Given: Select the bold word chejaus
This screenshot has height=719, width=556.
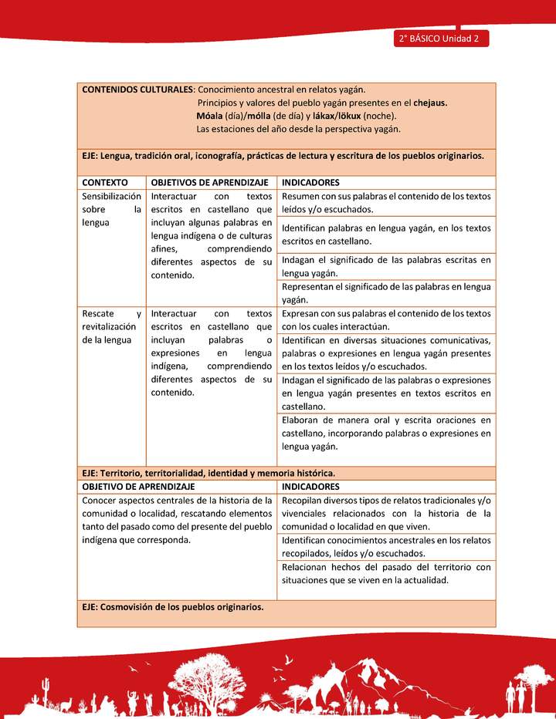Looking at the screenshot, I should (x=430, y=103).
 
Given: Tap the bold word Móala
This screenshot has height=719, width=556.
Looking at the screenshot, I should (x=211, y=116).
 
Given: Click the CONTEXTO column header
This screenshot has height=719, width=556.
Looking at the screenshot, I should (x=105, y=182).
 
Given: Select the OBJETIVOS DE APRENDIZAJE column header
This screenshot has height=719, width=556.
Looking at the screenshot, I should (x=209, y=182).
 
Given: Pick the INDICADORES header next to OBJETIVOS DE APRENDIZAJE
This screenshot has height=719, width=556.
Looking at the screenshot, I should (x=310, y=182).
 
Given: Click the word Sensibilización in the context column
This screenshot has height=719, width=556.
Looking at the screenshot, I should (x=112, y=196).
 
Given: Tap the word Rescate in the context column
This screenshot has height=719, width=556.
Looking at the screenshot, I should (x=98, y=314).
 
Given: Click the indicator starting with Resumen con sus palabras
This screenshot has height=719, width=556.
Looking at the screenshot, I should (x=386, y=203).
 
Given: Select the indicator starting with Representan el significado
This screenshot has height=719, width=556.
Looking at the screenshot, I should (x=386, y=293).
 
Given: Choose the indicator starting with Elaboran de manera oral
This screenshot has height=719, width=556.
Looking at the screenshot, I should (x=386, y=433).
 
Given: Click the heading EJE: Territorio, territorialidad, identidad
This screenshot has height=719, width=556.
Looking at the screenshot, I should (x=208, y=473).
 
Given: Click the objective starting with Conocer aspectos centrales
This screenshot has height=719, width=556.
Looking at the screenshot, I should (x=177, y=520).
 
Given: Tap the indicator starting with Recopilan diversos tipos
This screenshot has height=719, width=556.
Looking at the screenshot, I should (x=386, y=513).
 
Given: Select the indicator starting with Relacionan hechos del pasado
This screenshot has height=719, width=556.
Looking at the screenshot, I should (x=386, y=573).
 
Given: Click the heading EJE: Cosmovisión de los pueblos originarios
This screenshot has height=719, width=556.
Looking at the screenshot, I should (x=173, y=606).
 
